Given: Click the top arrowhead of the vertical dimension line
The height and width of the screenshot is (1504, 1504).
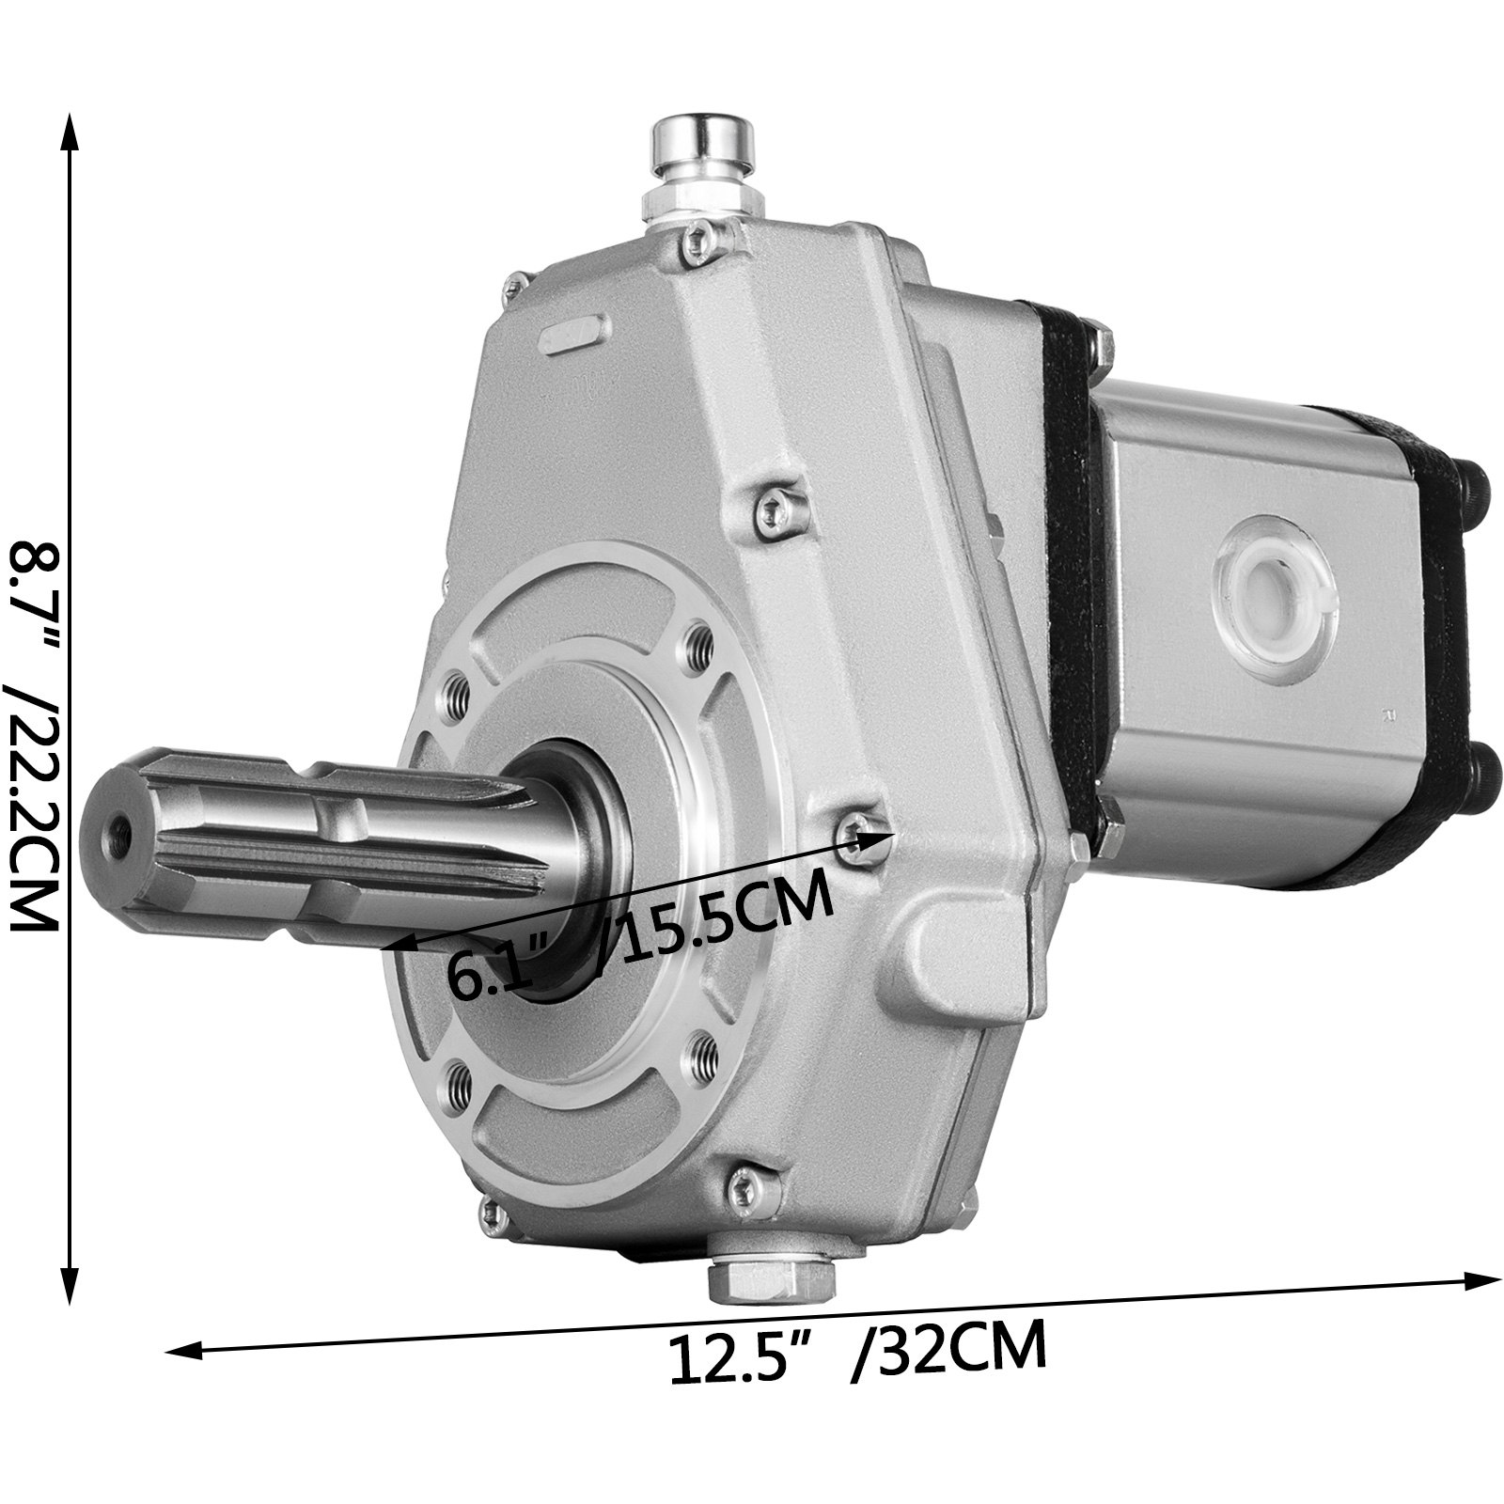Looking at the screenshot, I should pyautogui.click(x=69, y=132).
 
